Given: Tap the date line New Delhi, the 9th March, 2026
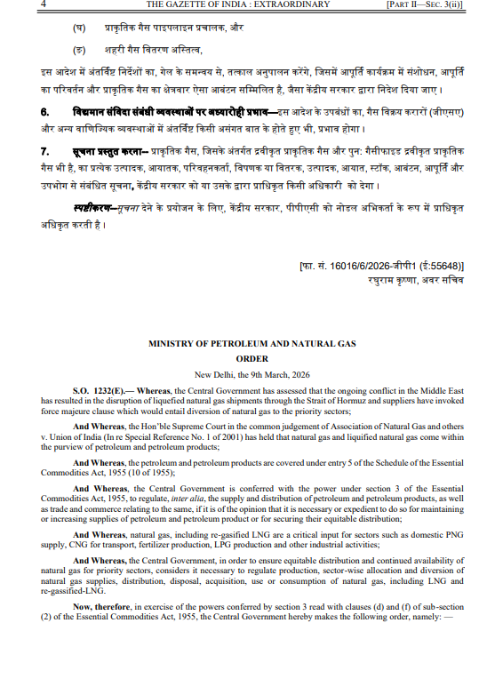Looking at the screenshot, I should (x=252, y=374).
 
